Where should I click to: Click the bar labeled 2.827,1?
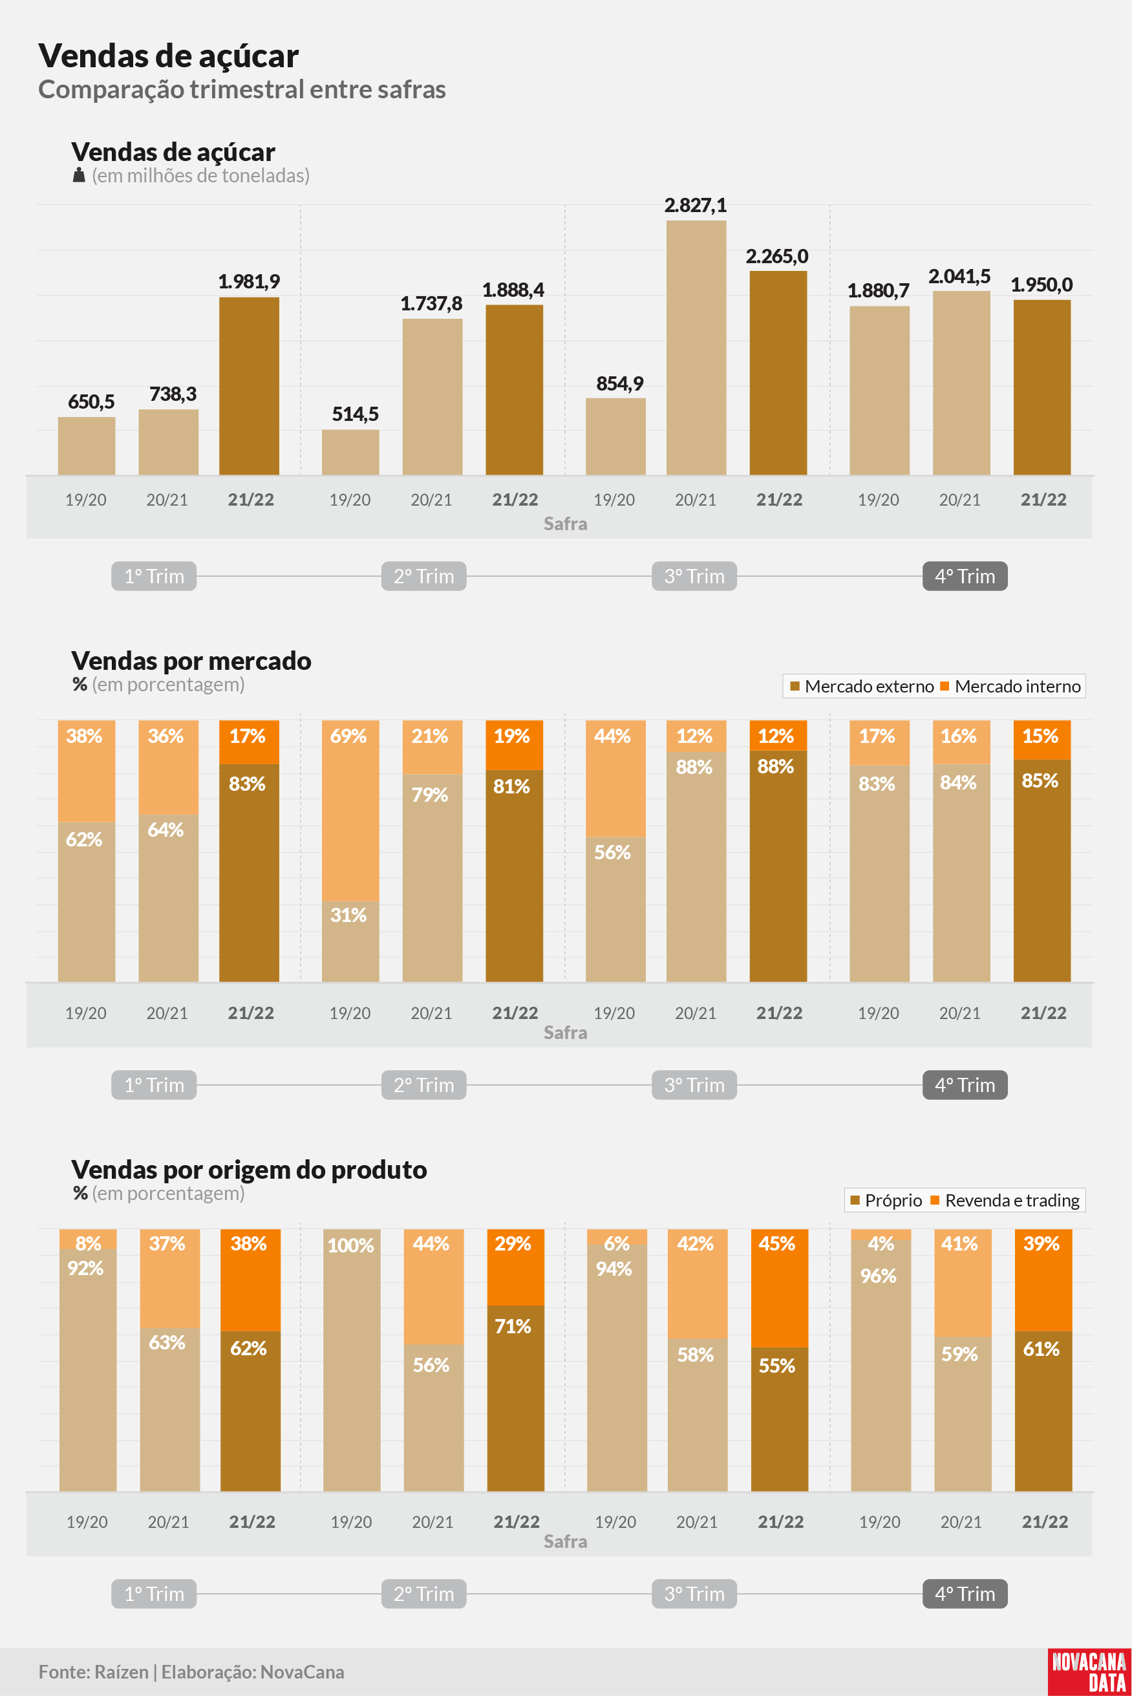click(x=696, y=347)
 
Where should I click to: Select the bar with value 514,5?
click(x=350, y=452)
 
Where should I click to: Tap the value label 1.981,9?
click(x=249, y=281)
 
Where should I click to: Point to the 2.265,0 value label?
click(x=777, y=256)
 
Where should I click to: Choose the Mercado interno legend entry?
click(x=1010, y=686)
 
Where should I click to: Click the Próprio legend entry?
click(x=886, y=1200)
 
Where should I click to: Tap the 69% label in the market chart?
click(x=348, y=736)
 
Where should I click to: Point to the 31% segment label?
click(x=348, y=915)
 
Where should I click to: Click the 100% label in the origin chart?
click(x=351, y=1245)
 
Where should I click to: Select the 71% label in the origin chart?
click(x=513, y=1326)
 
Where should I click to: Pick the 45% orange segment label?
click(x=777, y=1243)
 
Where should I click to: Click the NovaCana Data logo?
click(x=1089, y=1671)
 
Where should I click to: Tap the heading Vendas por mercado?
click(x=191, y=661)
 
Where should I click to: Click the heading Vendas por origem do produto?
click(x=249, y=1170)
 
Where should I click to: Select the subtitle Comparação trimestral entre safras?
click(x=242, y=89)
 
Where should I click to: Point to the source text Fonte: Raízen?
click(x=93, y=1671)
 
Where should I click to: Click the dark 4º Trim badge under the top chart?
click(x=965, y=576)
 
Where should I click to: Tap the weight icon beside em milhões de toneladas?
click(x=80, y=175)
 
